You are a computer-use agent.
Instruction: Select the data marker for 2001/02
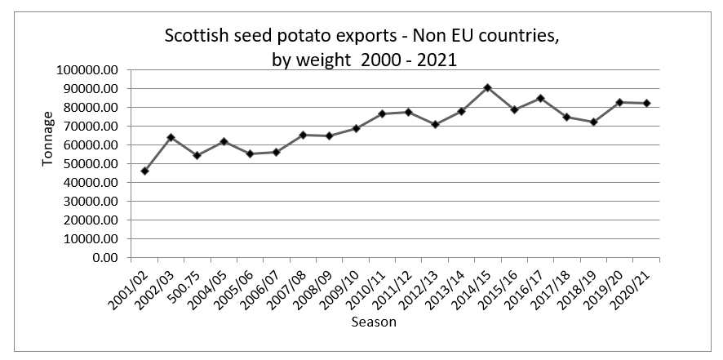pos(144,171)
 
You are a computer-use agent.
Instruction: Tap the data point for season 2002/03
pos(171,137)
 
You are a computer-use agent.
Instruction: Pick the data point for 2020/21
pos(645,103)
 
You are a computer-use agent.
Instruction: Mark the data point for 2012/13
pos(435,124)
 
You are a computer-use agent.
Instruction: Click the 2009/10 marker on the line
pos(356,128)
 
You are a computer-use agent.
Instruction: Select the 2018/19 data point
pos(593,122)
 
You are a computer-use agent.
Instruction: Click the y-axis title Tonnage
pos(48,144)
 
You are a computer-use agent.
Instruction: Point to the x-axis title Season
pos(373,322)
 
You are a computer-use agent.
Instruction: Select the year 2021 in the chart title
pos(436,60)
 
